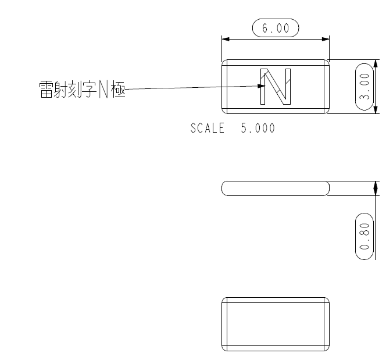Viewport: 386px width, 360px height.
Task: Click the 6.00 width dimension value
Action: tap(276, 28)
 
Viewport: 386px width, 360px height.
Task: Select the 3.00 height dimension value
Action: tap(364, 87)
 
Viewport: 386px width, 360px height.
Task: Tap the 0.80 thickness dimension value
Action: tap(364, 236)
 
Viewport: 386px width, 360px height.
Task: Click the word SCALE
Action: tap(208, 128)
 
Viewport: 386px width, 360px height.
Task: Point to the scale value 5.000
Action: tap(258, 128)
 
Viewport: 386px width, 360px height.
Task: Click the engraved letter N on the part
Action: tap(276, 87)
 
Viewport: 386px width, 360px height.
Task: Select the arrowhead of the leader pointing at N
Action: tap(261, 86)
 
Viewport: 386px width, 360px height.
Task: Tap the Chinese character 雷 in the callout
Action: tap(46, 89)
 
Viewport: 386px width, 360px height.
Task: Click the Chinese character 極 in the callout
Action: tap(118, 89)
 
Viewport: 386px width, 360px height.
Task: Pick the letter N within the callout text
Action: tap(103, 89)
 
